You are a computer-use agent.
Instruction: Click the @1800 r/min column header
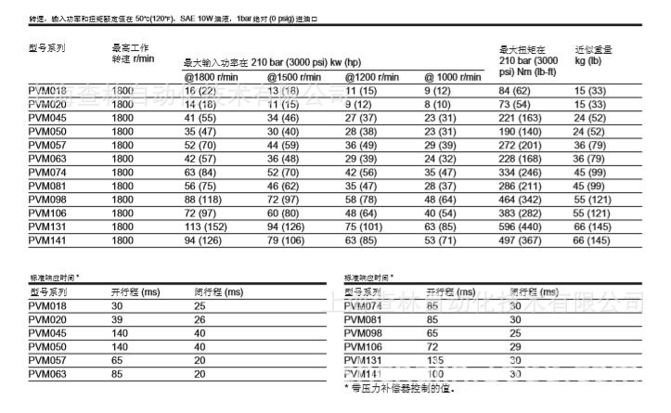click(x=211, y=77)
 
